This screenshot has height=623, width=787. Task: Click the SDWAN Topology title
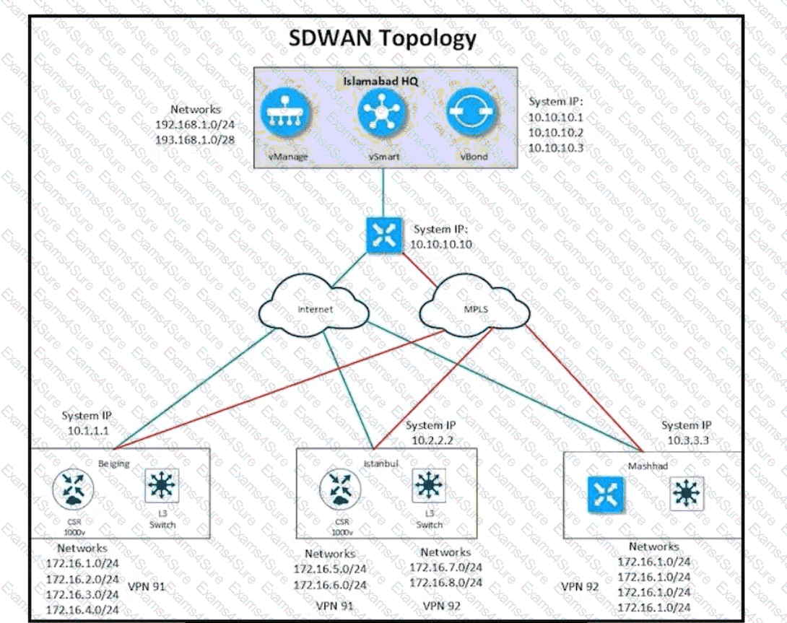click(383, 38)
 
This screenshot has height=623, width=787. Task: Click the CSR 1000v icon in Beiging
click(73, 489)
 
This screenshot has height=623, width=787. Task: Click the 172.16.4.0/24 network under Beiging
click(82, 609)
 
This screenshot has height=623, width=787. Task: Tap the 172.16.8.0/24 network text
click(445, 583)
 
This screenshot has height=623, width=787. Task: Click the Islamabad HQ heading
click(382, 81)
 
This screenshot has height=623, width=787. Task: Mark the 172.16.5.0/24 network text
click(329, 569)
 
